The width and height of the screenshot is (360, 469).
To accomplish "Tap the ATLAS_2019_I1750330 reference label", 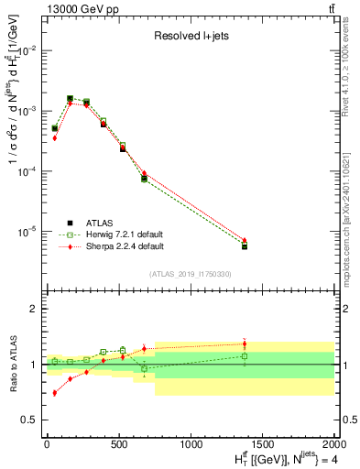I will point(190,274).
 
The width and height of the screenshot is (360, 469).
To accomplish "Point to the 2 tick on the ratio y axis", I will point(34,309).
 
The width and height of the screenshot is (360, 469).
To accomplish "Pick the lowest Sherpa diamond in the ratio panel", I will point(54,392).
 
